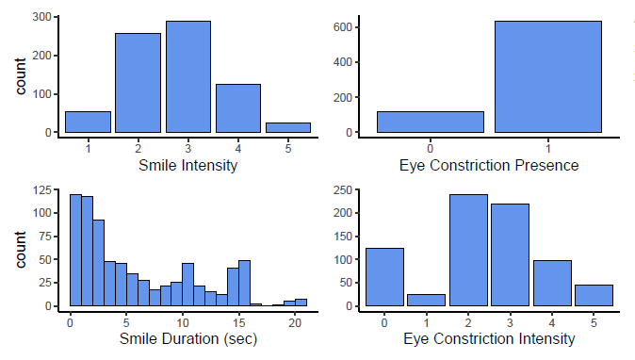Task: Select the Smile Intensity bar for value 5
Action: point(288,127)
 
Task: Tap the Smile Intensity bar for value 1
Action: point(88,122)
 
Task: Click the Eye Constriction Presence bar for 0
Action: point(430,122)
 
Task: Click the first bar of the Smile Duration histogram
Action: point(75,251)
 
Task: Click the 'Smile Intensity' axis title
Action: point(187,166)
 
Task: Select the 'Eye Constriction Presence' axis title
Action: point(489,166)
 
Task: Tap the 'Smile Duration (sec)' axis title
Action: point(187,338)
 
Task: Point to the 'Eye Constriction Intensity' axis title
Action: point(489,338)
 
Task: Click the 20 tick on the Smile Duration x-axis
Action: point(295,321)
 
